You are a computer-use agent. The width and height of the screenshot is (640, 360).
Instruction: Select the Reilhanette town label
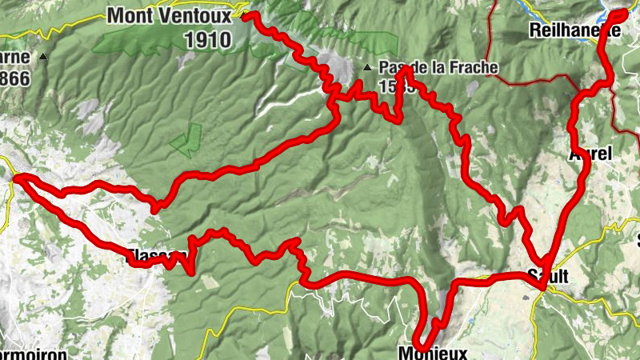(x=575, y=30)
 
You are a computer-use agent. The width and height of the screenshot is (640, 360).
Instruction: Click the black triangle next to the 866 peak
(x=44, y=57)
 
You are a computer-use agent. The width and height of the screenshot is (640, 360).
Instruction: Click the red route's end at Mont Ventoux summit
(x=246, y=14)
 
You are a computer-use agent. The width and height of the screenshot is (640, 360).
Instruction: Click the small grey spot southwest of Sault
(x=526, y=295)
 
